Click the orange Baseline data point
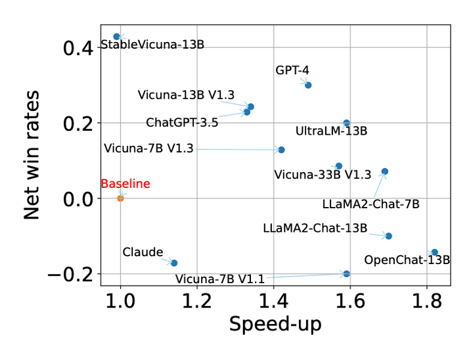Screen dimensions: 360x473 (120, 198)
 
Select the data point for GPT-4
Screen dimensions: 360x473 (308, 85)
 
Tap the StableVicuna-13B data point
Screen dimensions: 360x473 (116, 37)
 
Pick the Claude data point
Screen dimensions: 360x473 (174, 263)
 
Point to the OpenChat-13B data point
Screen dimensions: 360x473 (434, 252)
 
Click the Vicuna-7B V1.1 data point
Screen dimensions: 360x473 (346, 273)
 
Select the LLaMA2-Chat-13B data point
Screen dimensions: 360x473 (388, 236)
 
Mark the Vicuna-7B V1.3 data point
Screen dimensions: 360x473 (281, 150)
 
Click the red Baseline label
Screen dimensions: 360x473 (125, 184)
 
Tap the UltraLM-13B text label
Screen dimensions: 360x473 (331, 131)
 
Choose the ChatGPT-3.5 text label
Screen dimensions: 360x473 (182, 122)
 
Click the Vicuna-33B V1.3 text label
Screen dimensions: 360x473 (323, 174)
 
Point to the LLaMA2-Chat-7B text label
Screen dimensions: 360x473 (371, 204)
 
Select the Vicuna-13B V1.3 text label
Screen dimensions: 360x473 (186, 95)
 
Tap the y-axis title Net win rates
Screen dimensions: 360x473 (32, 155)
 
